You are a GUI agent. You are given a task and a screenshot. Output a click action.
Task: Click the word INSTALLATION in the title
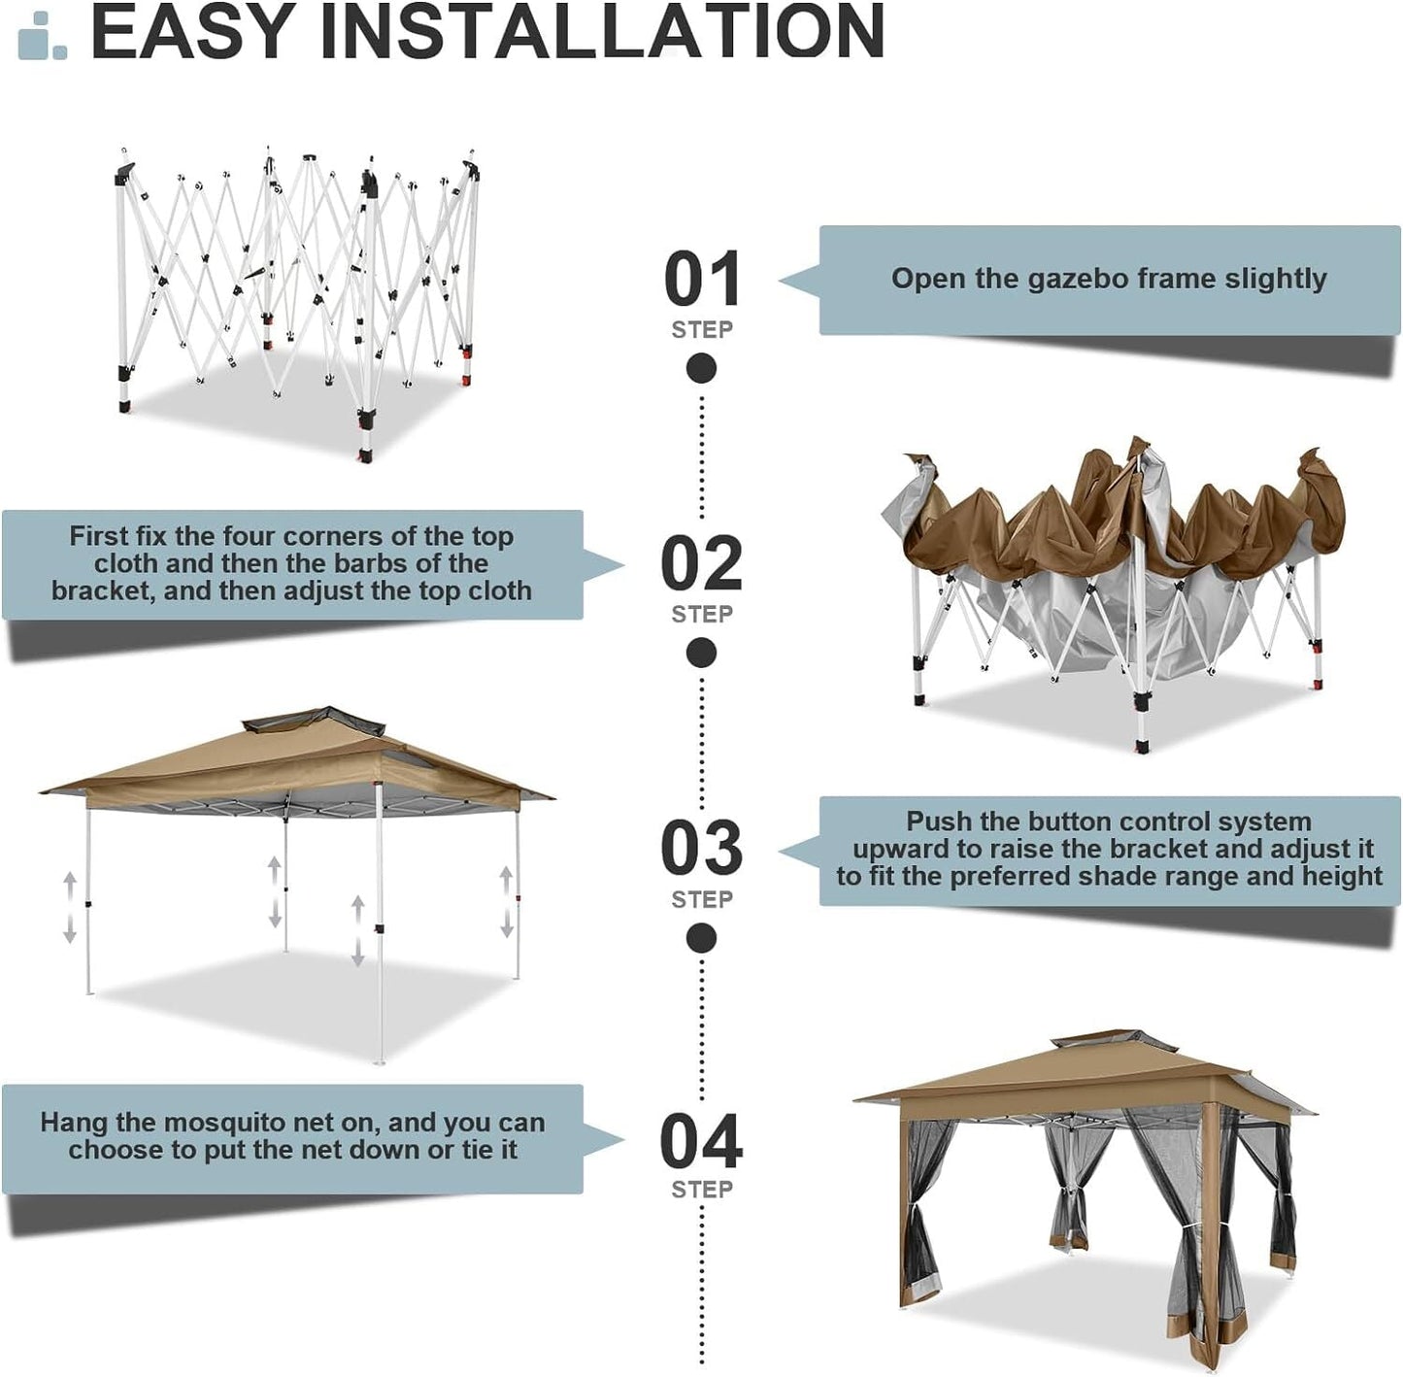click(602, 31)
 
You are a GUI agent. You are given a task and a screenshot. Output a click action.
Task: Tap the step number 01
click(702, 280)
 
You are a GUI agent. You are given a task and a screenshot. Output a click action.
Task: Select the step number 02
click(701, 564)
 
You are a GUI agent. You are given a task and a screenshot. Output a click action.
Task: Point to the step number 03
click(701, 849)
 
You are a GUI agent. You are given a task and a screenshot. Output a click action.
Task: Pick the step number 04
click(701, 1141)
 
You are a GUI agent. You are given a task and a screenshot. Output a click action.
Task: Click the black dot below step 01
click(701, 369)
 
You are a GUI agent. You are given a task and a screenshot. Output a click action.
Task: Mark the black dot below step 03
click(701, 938)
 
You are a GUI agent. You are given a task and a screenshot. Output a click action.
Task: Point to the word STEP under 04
click(701, 1190)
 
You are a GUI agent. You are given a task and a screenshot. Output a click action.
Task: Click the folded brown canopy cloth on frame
click(1117, 524)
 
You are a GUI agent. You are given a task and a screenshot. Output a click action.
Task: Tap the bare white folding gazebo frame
click(296, 291)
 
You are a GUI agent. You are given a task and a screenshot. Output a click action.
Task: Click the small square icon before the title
click(43, 39)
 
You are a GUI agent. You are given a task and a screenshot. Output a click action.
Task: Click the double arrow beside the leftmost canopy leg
click(70, 908)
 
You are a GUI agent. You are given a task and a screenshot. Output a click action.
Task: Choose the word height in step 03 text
click(1337, 876)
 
